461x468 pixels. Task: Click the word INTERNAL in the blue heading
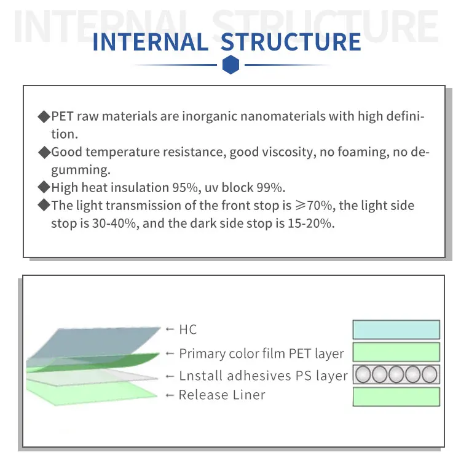151,42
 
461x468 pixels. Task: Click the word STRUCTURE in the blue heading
291,42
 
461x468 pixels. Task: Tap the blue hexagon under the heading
230,64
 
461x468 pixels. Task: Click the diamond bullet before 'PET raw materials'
44,116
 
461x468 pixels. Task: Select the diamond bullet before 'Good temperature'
44,152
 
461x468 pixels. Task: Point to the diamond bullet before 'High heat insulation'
44,187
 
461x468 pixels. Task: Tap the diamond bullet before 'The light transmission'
44,205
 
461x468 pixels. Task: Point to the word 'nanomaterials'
283,116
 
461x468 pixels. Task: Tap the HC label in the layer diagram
188,330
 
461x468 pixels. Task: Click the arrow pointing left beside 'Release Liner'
170,395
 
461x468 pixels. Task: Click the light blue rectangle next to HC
396,329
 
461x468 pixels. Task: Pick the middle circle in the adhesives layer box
396,374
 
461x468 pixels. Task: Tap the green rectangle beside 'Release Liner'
396,397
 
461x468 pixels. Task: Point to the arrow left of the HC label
170,329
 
